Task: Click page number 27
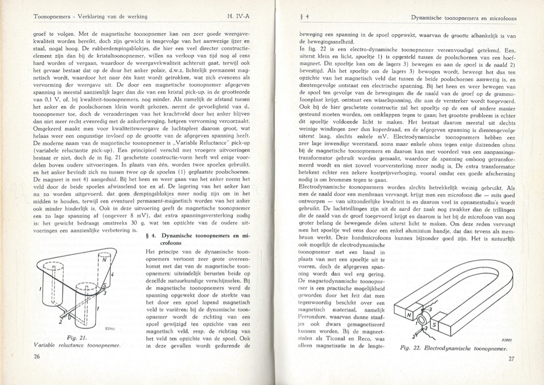511,358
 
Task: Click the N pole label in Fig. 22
410,314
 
